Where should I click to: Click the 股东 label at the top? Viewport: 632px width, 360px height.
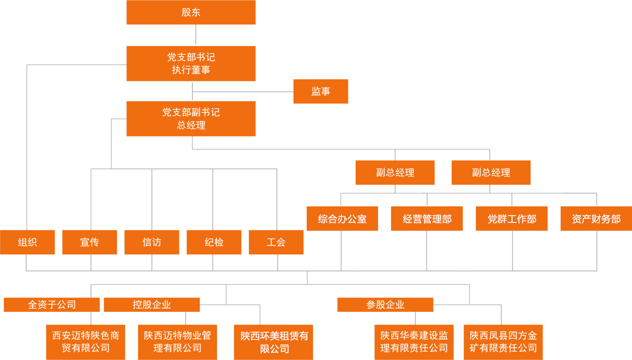(191, 12)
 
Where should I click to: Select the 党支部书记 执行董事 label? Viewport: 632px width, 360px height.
(191, 63)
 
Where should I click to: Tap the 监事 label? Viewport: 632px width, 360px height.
(321, 92)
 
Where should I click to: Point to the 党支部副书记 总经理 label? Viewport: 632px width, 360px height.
(191, 118)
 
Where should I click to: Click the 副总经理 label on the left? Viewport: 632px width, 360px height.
(395, 173)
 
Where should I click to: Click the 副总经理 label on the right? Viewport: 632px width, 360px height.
(491, 173)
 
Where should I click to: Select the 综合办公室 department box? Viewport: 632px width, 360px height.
(342, 219)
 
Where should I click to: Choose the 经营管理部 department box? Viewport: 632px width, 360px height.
(427, 219)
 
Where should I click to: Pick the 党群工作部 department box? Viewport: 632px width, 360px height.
(512, 219)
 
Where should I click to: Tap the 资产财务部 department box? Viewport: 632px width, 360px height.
(596, 219)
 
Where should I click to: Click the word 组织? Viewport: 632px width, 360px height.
(27, 242)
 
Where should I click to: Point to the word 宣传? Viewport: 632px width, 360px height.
(89, 242)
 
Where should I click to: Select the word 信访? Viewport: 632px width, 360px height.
(152, 242)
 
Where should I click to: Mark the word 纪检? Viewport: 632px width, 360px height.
(214, 242)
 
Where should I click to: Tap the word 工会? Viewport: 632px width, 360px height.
(276, 242)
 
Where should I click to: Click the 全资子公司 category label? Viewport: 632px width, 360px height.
(52, 305)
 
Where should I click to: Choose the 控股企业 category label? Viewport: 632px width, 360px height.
(152, 305)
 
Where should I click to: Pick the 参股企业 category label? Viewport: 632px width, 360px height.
(385, 305)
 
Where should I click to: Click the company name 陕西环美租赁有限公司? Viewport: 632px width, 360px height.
(275, 342)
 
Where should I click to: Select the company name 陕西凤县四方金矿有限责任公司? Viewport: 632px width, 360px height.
(503, 341)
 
